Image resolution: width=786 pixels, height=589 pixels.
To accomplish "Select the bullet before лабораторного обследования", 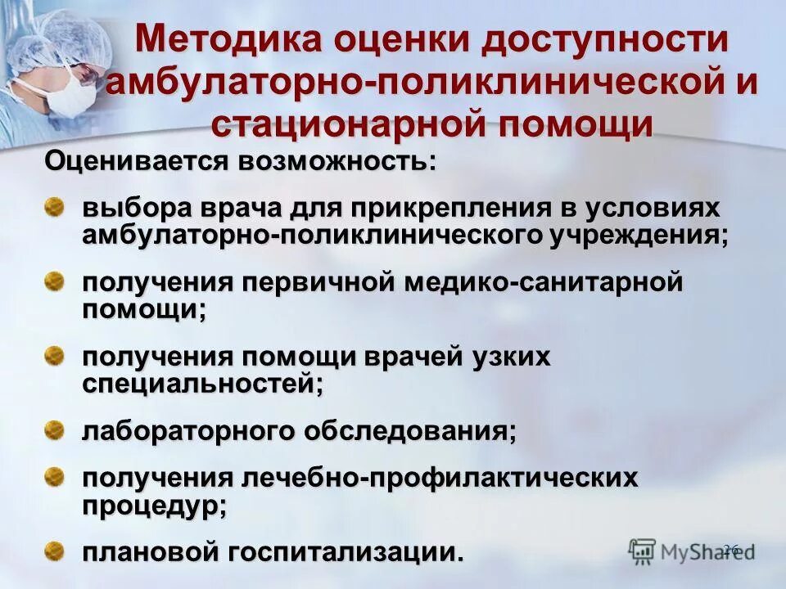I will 54,429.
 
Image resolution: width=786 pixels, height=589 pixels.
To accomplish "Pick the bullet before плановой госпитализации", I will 54,549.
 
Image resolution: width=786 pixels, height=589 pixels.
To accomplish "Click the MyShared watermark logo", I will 692,550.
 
